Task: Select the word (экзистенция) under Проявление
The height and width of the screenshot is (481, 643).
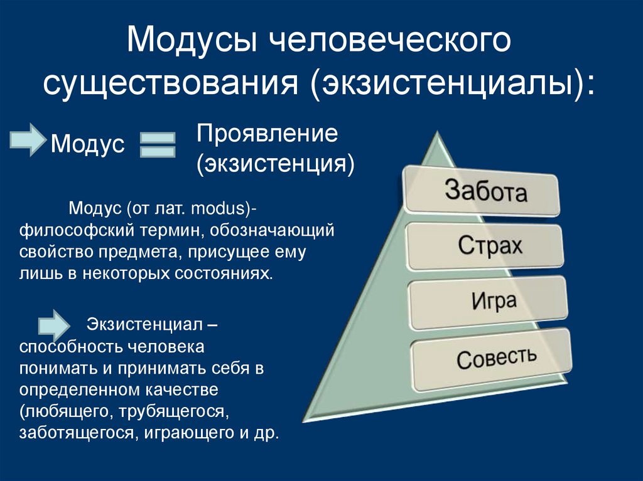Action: [274, 164]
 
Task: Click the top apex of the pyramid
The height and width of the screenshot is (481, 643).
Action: [435, 135]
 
